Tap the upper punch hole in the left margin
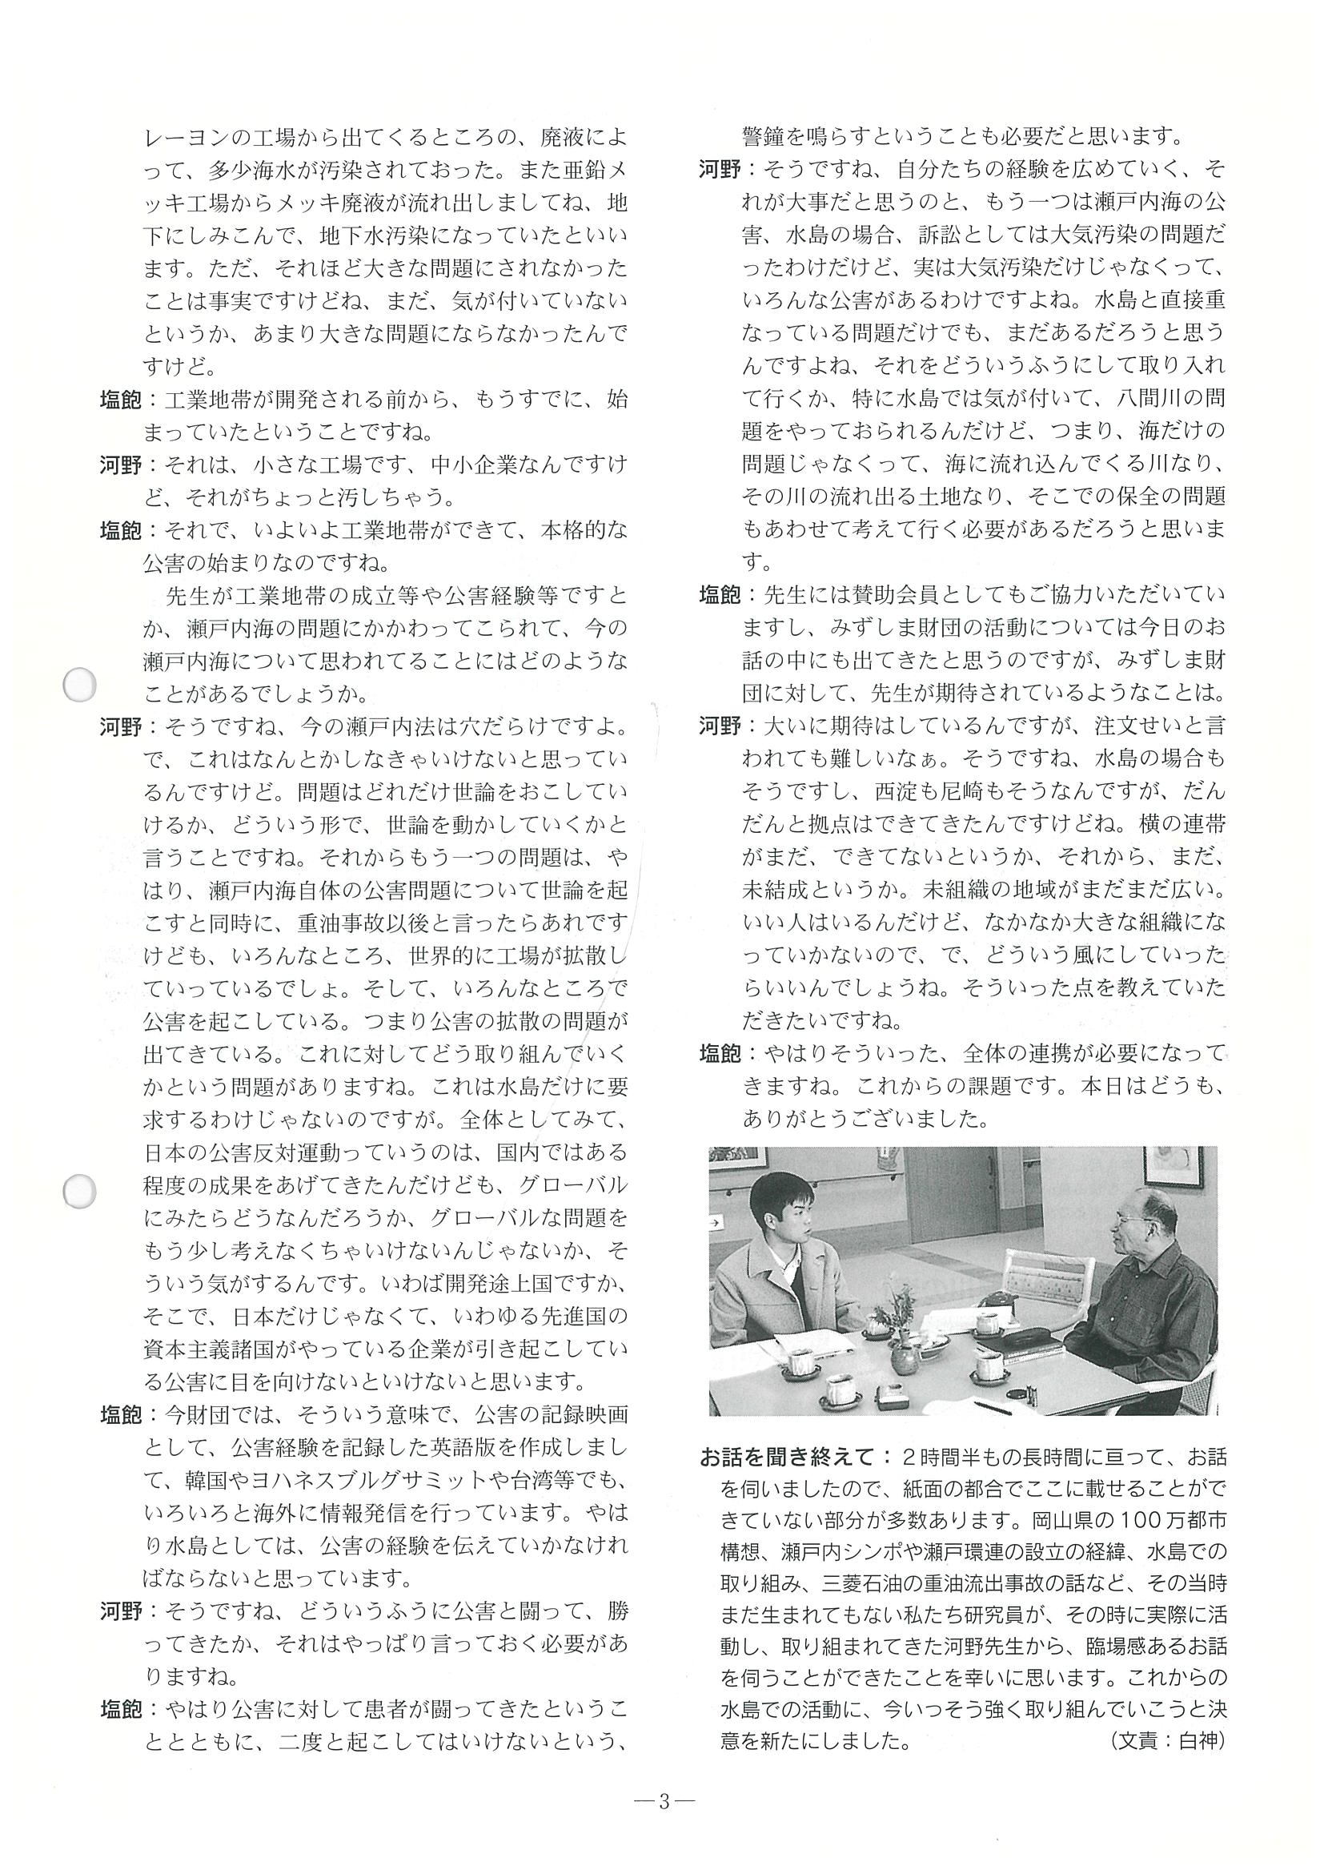pyautogui.click(x=80, y=685)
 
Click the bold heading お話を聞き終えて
pyautogui.click(x=787, y=1458)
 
